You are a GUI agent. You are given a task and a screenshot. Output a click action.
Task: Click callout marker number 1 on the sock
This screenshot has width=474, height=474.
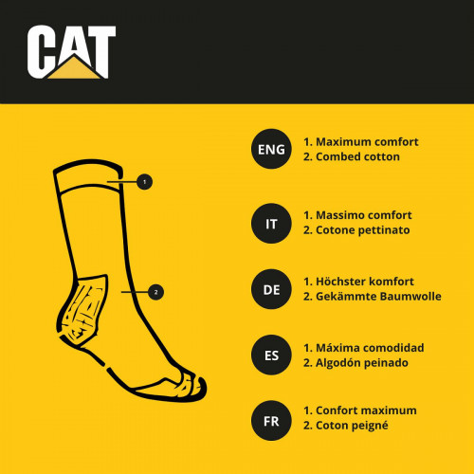click(x=144, y=180)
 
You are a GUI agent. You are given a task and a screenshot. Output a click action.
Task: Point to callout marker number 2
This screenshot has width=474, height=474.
click(x=155, y=292)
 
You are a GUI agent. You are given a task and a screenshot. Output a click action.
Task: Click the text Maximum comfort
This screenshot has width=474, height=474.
click(x=366, y=141)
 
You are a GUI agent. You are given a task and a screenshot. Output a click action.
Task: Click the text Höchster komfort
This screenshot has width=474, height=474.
click(x=365, y=282)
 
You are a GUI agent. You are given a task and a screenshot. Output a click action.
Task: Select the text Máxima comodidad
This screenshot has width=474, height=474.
click(x=369, y=347)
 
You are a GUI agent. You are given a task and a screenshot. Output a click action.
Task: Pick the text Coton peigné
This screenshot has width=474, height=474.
click(x=353, y=426)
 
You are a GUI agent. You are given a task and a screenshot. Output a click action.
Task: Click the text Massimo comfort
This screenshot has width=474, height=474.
click(x=365, y=215)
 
